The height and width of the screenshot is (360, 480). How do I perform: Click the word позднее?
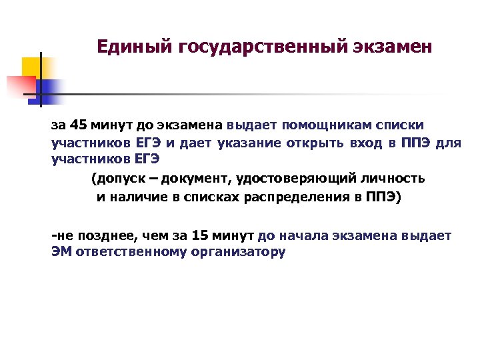pos(103,235)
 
